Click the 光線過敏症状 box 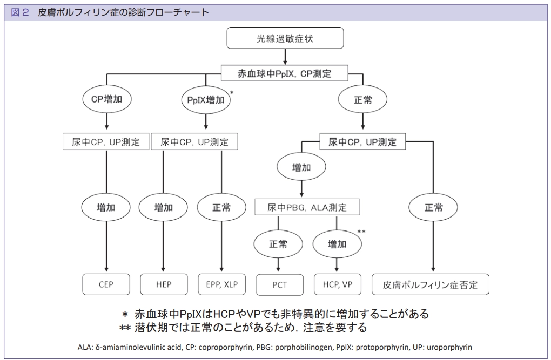click(285, 38)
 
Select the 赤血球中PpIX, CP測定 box click(284, 73)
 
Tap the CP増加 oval click(107, 99)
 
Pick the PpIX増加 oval click(206, 100)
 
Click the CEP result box click(106, 284)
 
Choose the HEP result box click(164, 284)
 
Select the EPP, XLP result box click(221, 284)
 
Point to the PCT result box click(280, 285)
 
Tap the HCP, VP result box click(337, 284)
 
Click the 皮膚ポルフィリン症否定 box click(430, 284)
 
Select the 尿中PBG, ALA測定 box click(307, 207)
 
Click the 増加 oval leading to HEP click(163, 208)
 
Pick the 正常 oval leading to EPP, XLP click(221, 208)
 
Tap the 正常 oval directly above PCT click(278, 244)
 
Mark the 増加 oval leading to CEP click(106, 208)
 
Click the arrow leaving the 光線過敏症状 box click(285, 57)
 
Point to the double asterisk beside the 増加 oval click(361, 232)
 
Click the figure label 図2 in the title click(20, 12)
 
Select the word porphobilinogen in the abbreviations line click(303, 348)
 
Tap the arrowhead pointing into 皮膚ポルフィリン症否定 click(433, 269)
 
